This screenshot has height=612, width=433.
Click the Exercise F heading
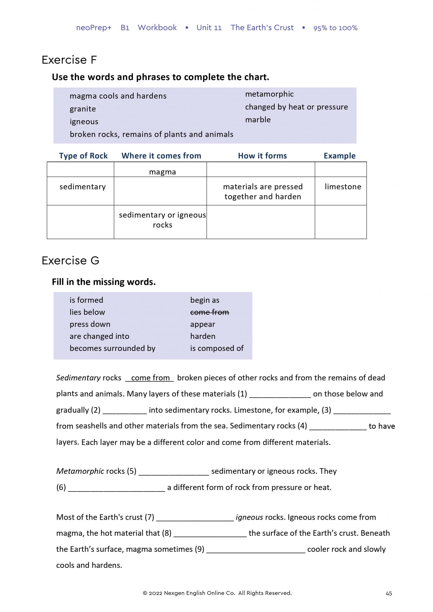point(69,60)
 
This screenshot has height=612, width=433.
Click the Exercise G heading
point(70,260)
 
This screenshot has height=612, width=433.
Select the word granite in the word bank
point(83,109)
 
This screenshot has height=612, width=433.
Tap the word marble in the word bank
point(258,120)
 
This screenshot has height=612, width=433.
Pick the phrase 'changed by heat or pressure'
point(296,107)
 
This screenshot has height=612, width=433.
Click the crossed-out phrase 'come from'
point(209,312)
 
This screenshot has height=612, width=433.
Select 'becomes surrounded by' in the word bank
point(112,348)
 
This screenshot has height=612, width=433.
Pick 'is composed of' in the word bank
point(216,348)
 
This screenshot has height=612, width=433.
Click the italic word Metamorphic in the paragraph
point(80,471)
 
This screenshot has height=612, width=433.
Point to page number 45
point(389,593)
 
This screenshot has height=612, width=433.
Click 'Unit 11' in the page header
point(209,28)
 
